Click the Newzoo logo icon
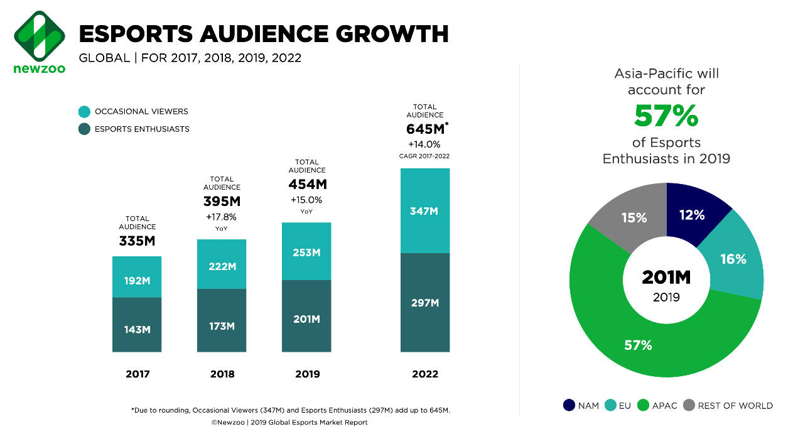pyautogui.click(x=40, y=35)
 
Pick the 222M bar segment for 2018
pyautogui.click(x=222, y=264)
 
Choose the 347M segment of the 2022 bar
pyautogui.click(x=425, y=211)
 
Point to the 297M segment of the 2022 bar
pyautogui.click(x=425, y=303)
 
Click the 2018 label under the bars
pyautogui.click(x=222, y=374)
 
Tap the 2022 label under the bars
pyautogui.click(x=425, y=374)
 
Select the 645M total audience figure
pyautogui.click(x=426, y=129)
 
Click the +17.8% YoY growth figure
pyautogui.click(x=222, y=217)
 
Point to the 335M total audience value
pyautogui.click(x=137, y=241)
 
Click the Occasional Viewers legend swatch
pyautogui.click(x=84, y=112)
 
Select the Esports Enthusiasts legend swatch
pyautogui.click(x=84, y=129)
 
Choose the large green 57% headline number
pyautogui.click(x=666, y=116)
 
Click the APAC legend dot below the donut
pyautogui.click(x=643, y=406)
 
